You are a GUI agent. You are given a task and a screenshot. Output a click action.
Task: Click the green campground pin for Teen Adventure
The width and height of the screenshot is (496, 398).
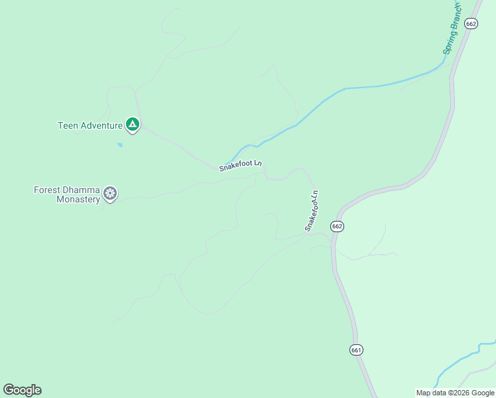pos(133,124)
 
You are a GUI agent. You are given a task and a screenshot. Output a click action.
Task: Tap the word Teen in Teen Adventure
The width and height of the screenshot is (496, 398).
pos(68,125)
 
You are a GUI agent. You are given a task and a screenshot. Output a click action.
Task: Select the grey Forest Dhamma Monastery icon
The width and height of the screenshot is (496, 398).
pos(110,194)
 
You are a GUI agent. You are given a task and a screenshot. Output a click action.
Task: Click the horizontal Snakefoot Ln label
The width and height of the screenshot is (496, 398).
pos(241,165)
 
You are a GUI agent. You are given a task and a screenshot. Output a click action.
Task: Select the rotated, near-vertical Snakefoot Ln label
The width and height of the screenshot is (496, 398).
pos(312,211)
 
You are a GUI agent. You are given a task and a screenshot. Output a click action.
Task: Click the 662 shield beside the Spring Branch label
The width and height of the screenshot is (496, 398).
pos(471,23)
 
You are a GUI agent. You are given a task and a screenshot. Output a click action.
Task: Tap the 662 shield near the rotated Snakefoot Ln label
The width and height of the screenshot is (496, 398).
pos(337,226)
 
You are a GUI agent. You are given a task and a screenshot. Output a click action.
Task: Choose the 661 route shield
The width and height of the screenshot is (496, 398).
pos(356,350)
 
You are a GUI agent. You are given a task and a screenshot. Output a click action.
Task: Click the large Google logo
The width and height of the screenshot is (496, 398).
pos(22,390)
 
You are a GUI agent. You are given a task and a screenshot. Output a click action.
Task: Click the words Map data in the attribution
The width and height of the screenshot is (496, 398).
pos(430,393)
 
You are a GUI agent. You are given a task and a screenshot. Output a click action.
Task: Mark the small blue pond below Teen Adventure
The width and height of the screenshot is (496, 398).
pos(119,144)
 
